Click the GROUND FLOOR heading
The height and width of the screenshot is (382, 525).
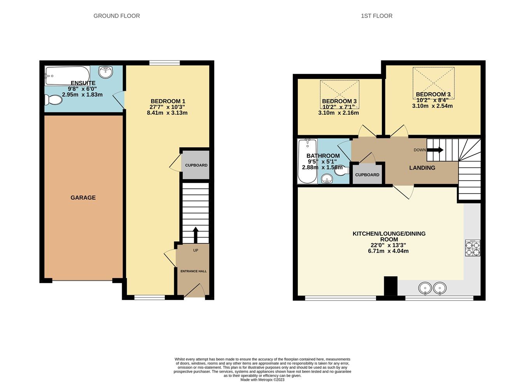tap(117, 16)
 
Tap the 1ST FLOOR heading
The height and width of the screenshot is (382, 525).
tap(376, 16)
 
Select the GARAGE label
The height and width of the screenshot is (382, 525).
tap(83, 198)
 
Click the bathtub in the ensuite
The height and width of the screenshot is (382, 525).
tap(67, 75)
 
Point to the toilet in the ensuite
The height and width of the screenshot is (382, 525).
tap(53, 100)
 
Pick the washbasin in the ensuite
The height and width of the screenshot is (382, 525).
tap(105, 72)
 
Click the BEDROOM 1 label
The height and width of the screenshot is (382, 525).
tap(167, 101)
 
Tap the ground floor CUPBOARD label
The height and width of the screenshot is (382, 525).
tap(196, 165)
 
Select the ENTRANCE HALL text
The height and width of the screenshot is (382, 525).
tap(193, 271)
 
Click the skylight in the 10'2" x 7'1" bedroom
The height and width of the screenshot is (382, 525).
tap(339, 89)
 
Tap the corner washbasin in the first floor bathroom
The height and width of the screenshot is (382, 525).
tap(327, 179)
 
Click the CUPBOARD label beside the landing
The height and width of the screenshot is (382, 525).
tap(367, 175)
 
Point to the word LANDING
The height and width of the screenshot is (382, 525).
tap(422, 168)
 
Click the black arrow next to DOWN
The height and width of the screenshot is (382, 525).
tap(435, 150)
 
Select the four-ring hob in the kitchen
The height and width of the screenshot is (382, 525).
tap(472, 248)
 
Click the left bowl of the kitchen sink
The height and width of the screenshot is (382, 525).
tap(425, 289)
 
